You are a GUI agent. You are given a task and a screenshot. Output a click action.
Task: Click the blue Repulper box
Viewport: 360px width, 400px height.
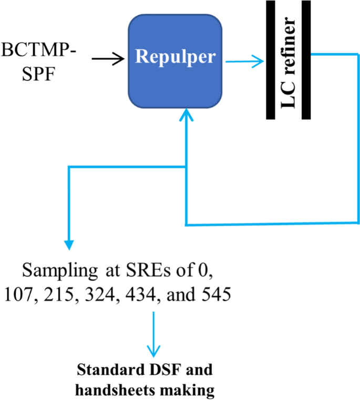[175, 61]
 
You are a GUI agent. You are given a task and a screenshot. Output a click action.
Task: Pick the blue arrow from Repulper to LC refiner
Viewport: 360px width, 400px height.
[244, 62]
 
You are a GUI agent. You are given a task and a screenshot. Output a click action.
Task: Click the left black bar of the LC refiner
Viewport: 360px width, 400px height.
[272, 60]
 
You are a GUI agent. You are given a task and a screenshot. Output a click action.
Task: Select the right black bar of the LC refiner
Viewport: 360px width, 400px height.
[306, 60]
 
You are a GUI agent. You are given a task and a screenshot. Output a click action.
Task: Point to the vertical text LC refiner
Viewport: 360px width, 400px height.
[290, 61]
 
